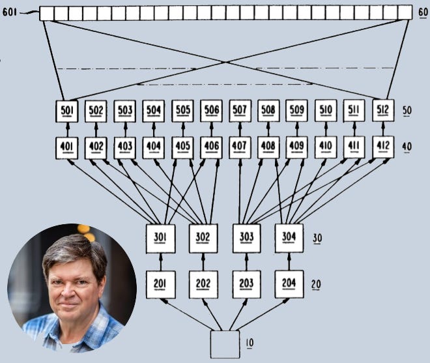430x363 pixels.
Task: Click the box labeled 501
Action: [66, 111]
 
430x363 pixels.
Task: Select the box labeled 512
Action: [383, 110]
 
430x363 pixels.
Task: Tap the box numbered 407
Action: [240, 147]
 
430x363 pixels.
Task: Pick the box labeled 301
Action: [160, 237]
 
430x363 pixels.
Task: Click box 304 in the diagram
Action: [289, 237]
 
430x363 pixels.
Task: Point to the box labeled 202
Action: [203, 284]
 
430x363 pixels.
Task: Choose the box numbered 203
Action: [246, 284]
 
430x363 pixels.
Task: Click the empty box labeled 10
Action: [224, 344]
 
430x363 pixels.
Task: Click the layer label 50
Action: [407, 111]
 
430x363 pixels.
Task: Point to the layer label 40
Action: [407, 147]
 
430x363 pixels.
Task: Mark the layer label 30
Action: [319, 238]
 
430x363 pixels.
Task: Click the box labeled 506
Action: [211, 111]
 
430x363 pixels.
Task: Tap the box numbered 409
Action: [297, 147]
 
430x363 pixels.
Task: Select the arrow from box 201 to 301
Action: [160, 262]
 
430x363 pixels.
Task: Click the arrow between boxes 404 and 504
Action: [154, 128]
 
